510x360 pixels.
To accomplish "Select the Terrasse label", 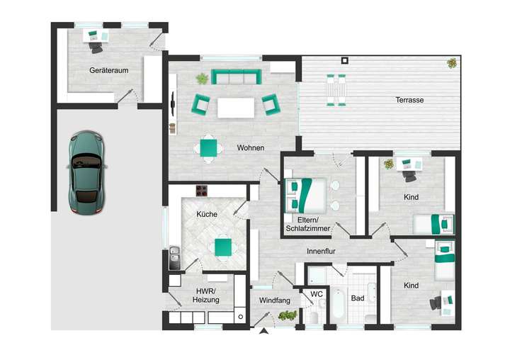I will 409,100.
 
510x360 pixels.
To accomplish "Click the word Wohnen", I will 251,148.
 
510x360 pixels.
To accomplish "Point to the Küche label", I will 207,214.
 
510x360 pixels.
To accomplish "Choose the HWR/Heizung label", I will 205,296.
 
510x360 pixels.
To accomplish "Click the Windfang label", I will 275,300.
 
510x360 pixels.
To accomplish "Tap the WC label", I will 317,293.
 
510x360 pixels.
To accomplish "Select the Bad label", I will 358,298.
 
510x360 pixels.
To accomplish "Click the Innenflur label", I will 321,252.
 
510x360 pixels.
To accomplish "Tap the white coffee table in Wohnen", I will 235,107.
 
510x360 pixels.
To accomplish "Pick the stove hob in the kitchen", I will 202,190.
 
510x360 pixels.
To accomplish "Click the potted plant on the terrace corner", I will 451,64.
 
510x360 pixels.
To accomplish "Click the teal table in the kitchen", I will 222,246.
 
